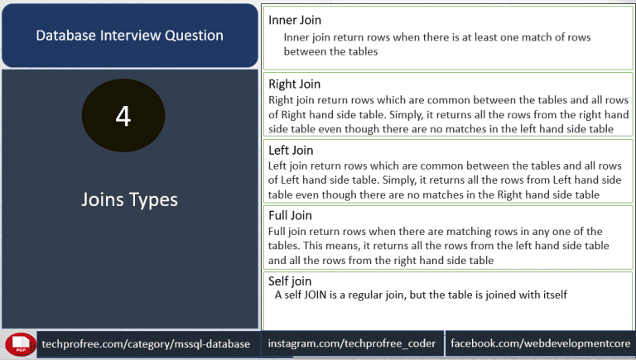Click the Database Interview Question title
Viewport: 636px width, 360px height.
coord(129,36)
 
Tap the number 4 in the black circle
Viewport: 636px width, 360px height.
coord(123,116)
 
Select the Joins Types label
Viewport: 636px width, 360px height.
coord(129,200)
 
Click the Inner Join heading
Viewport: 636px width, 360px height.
coord(295,20)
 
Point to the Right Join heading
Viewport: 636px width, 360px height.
coord(295,84)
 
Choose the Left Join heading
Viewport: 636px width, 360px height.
coord(291,151)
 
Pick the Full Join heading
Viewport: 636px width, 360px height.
coord(290,215)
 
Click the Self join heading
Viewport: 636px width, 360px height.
coord(290,281)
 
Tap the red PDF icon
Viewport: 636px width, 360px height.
coord(20,345)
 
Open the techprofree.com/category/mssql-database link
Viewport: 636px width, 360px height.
coord(146,344)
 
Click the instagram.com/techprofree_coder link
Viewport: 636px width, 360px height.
coord(352,343)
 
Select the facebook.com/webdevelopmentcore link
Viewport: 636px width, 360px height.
coord(541,343)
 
